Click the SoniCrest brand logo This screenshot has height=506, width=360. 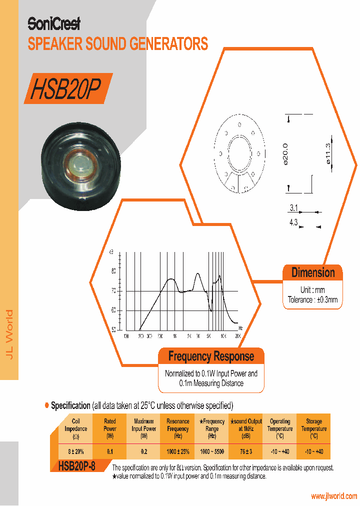point(53,23)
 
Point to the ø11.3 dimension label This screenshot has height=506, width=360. point(328,152)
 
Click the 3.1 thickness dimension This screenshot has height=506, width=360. point(293,207)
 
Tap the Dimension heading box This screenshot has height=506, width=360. point(313,272)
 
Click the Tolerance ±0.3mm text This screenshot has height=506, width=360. point(313,300)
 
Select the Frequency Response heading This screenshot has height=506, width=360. point(211,356)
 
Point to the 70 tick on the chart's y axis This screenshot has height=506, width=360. point(113,290)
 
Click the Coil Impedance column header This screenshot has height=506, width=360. point(76,429)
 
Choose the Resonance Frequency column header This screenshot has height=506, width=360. point(178,429)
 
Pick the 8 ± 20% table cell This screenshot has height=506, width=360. point(76,451)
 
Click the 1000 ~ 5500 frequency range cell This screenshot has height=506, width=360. point(212,451)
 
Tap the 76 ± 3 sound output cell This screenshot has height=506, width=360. point(245,451)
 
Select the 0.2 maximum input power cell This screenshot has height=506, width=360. point(144,451)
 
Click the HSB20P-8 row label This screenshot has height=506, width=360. point(76,466)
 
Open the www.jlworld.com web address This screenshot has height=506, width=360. point(334,496)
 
